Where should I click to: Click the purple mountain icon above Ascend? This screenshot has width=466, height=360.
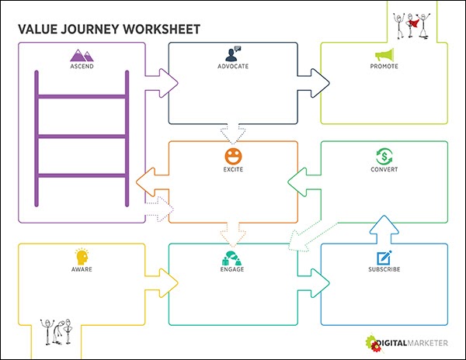(x=82, y=55)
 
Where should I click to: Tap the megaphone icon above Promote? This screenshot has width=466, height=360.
(x=384, y=55)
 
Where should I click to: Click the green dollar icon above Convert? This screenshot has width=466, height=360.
(x=384, y=155)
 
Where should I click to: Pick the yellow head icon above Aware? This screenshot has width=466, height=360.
(x=82, y=256)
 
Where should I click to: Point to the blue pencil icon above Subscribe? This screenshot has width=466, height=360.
(x=384, y=257)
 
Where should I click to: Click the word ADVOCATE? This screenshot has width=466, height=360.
(x=233, y=67)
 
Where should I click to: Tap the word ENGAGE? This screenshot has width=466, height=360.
(x=233, y=270)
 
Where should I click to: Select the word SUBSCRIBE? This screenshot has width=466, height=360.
(x=384, y=270)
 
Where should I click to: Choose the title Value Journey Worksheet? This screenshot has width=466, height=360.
(x=109, y=29)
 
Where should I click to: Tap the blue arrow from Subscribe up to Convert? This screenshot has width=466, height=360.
(x=384, y=229)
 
